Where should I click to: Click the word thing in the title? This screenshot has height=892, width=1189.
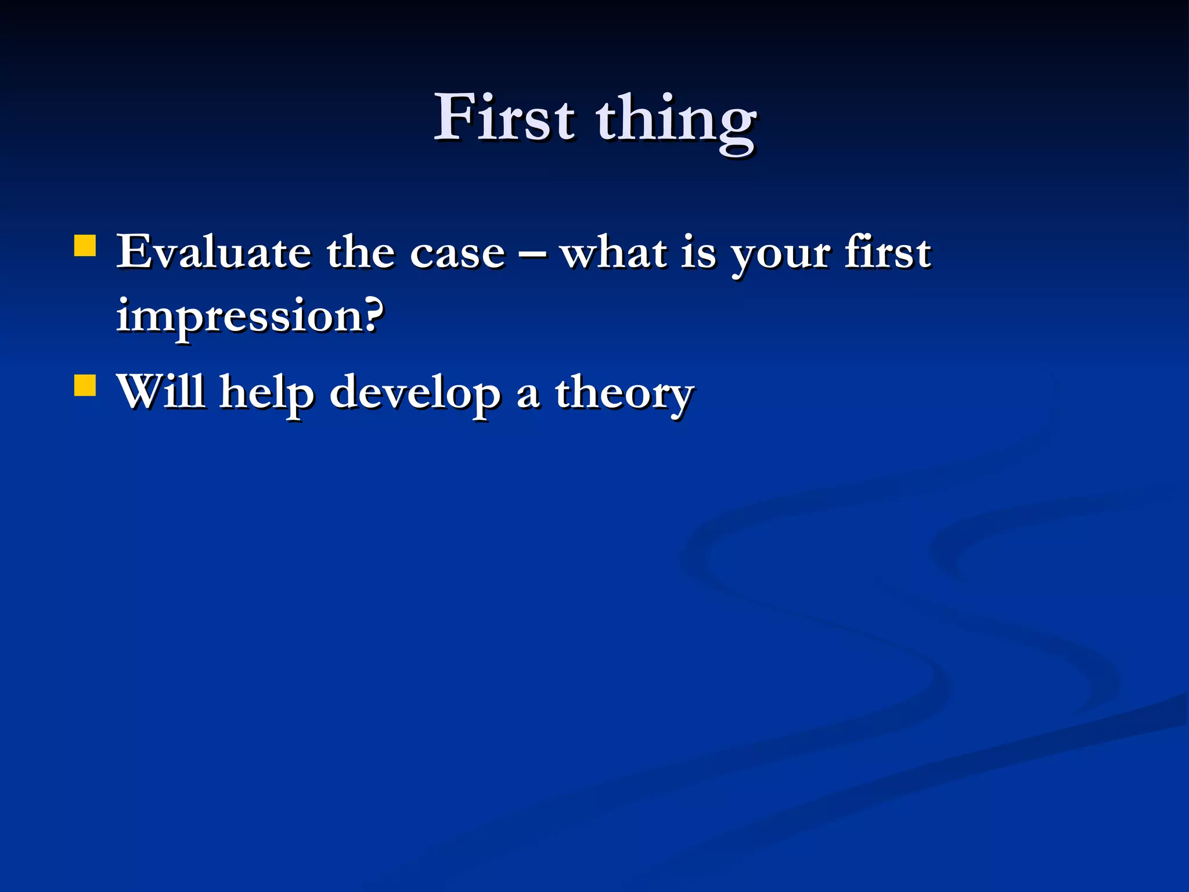coord(676,122)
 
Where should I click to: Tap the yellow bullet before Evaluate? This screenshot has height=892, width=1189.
coord(85,246)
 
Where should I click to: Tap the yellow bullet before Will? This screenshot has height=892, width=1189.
coord(85,385)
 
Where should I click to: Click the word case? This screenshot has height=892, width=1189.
coord(457,254)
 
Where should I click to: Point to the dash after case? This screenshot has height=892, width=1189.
coord(532,254)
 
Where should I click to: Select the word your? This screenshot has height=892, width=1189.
coord(780,256)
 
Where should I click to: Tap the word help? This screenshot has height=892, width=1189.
coord(266,393)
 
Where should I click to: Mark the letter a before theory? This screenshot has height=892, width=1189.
coord(528,395)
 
